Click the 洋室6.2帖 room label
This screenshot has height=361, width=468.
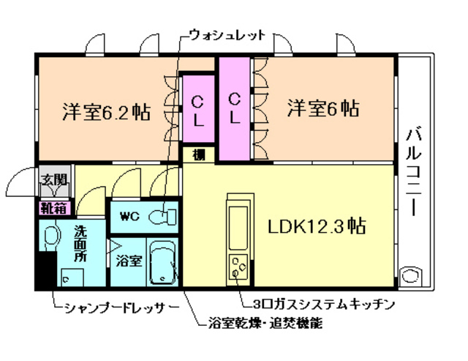[107, 113]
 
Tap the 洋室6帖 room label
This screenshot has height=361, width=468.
[322, 109]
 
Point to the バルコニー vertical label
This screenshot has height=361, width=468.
[414, 171]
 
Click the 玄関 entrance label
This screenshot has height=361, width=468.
[52, 179]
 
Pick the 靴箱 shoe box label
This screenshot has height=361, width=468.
[53, 208]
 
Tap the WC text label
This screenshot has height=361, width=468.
[129, 216]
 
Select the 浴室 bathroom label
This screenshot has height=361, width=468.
[128, 261]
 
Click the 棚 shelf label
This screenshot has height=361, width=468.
[199, 155]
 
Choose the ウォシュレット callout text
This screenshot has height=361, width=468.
[227, 34]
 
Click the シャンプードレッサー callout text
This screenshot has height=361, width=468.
[117, 308]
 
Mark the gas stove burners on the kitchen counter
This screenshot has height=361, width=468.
[238, 267]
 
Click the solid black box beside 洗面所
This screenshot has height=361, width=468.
[45, 268]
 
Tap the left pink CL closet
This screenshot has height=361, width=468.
[198, 110]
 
